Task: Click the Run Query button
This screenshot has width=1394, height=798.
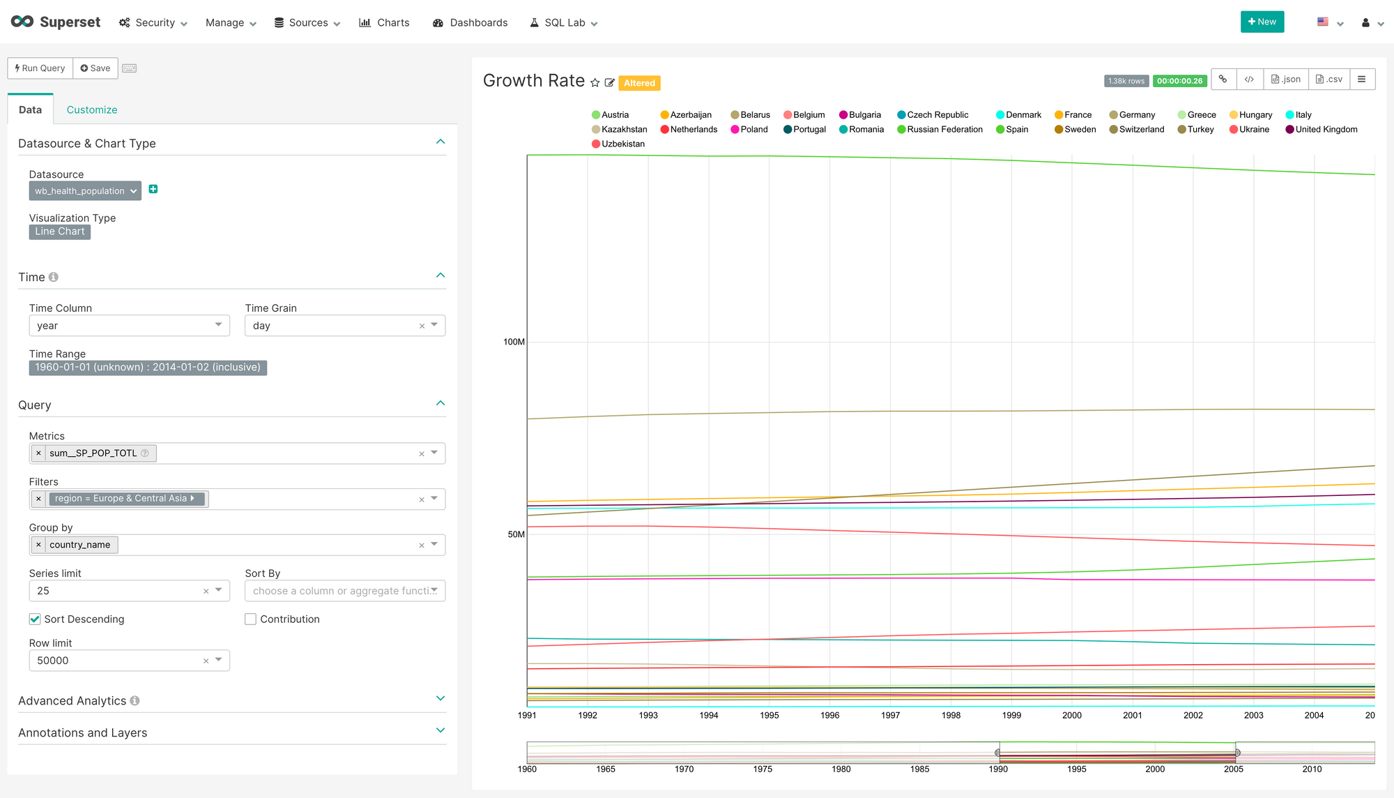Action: pyautogui.click(x=40, y=68)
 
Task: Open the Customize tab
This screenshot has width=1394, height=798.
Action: pyautogui.click(x=92, y=110)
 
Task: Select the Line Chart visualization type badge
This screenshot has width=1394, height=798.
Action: pyautogui.click(x=60, y=232)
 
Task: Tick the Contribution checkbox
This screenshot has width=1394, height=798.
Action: pyautogui.click(x=251, y=619)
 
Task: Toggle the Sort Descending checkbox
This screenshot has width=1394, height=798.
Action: pyautogui.click(x=35, y=619)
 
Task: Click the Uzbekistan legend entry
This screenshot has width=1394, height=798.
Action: pyautogui.click(x=622, y=144)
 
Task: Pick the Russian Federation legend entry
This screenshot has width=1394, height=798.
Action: pyautogui.click(x=944, y=130)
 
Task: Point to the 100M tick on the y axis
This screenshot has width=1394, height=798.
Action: pyautogui.click(x=514, y=342)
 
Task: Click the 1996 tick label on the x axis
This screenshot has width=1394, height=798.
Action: pyautogui.click(x=829, y=715)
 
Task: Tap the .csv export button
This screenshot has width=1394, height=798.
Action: pyautogui.click(x=1329, y=80)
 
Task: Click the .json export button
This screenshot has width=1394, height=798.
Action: pyautogui.click(x=1286, y=80)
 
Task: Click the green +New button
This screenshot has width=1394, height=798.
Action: pyautogui.click(x=1262, y=22)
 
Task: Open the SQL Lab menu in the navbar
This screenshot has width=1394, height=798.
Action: pyautogui.click(x=564, y=23)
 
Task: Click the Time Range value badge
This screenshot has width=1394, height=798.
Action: pyautogui.click(x=148, y=368)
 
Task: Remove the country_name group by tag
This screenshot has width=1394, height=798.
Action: pyautogui.click(x=38, y=545)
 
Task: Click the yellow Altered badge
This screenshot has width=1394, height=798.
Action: pyautogui.click(x=639, y=83)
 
